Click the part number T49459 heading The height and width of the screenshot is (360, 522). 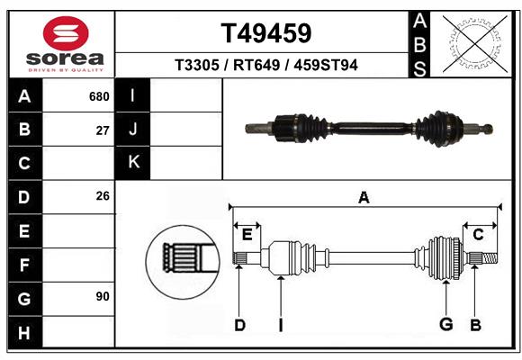pos(266,34)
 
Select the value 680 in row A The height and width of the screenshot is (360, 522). pos(99,96)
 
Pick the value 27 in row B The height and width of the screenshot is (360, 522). pos(103,130)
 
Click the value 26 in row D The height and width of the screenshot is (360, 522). pos(103,196)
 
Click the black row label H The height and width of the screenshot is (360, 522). pos(24,333)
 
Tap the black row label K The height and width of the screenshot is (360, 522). pos(134,162)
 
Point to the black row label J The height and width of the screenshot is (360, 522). pos(134,130)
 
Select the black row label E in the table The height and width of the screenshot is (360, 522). pos(24,231)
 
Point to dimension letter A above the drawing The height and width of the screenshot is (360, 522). pos(364,198)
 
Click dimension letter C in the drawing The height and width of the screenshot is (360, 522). pos(479,235)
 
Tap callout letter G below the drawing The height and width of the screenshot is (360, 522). pos(445,325)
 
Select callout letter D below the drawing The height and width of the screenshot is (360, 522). pos(239,325)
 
